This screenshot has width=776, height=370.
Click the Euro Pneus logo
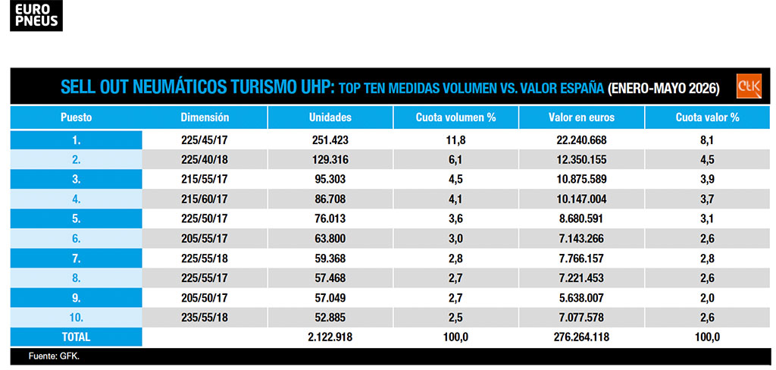click(x=36, y=15)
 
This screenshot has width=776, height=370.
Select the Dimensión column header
click(x=205, y=118)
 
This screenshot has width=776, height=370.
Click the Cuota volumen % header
click(x=455, y=118)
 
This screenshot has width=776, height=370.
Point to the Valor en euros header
click(x=581, y=118)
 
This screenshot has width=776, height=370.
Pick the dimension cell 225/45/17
click(x=205, y=140)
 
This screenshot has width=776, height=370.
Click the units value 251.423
click(x=330, y=140)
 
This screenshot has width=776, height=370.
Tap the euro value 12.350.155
click(x=581, y=160)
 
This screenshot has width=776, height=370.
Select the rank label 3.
click(x=77, y=180)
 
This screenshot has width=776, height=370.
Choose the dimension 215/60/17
click(x=205, y=199)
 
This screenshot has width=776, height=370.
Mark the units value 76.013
click(x=330, y=219)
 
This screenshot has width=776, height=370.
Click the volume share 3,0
click(x=455, y=239)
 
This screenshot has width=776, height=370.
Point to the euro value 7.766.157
click(x=581, y=259)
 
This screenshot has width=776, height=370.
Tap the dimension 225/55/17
click(x=205, y=278)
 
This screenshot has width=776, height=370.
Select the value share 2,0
click(x=707, y=298)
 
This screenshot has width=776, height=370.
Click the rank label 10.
click(x=77, y=318)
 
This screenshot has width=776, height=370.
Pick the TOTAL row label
click(x=77, y=337)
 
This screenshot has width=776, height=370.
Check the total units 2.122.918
click(x=330, y=337)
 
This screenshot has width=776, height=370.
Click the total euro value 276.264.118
click(x=581, y=337)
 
